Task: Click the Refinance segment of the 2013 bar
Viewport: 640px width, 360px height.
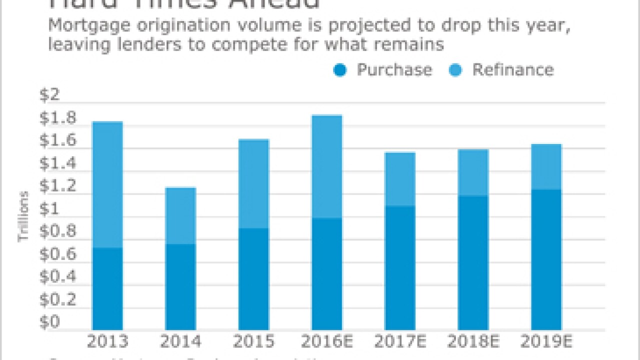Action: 107,184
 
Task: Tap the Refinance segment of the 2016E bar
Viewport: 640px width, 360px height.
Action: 327,166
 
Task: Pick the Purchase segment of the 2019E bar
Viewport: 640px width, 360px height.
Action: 546,260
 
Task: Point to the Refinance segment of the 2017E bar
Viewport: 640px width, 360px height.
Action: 400,179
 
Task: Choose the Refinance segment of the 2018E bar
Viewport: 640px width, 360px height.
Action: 473,172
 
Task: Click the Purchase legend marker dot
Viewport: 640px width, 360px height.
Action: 340,70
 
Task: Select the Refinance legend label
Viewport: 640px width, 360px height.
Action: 513,70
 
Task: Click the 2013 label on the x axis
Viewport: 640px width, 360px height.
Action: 107,342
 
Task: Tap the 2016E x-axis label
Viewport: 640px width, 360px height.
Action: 327,342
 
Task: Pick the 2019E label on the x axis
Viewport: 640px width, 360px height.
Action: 546,342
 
